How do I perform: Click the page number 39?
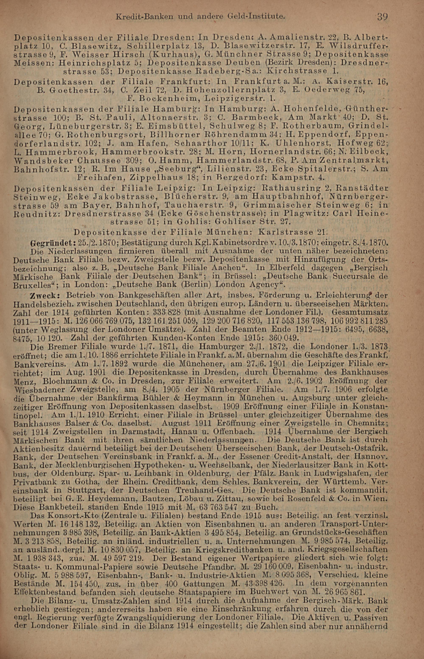(x=382, y=17)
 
